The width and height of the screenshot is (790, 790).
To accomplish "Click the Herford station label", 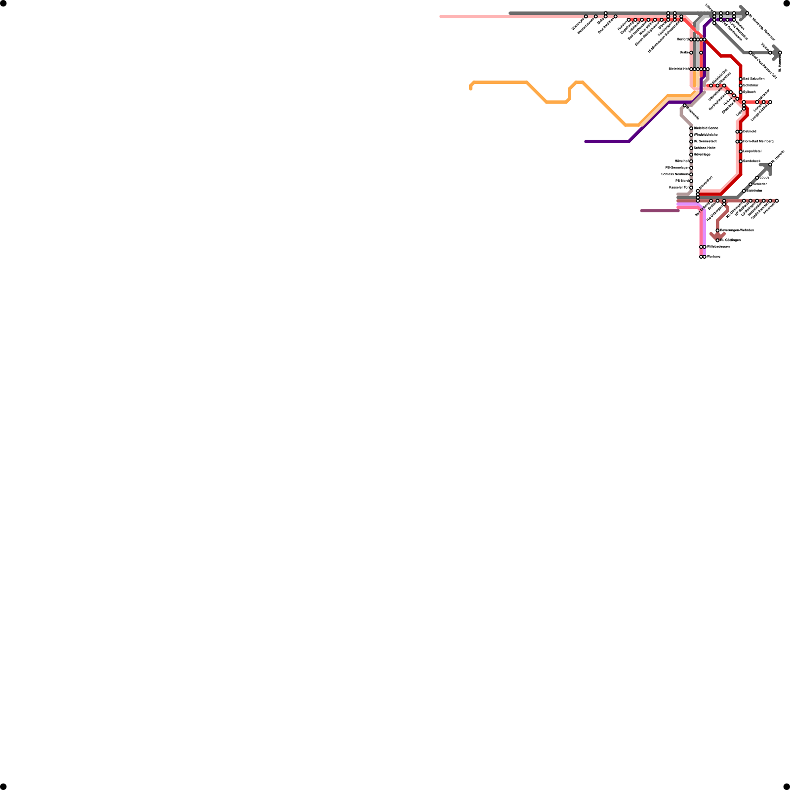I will [x=683, y=39].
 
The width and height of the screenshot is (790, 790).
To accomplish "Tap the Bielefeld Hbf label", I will [x=678, y=69].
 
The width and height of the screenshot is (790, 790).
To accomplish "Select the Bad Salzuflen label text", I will [x=754, y=79].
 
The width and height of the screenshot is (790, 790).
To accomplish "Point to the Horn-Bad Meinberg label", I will [x=758, y=142].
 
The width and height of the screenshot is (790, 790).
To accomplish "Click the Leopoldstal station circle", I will [x=741, y=152].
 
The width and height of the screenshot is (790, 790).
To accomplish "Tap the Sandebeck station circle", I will [x=741, y=161].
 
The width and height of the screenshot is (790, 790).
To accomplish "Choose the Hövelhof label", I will [x=682, y=161].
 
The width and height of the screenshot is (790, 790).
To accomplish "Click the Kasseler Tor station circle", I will [x=691, y=188].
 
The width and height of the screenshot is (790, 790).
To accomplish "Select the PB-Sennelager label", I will [x=677, y=168].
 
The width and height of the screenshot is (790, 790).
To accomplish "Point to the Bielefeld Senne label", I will [x=706, y=128].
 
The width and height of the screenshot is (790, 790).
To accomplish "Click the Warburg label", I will [x=713, y=257].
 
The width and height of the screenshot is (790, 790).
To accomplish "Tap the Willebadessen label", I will [x=718, y=247].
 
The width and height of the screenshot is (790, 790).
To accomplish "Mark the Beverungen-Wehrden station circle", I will [x=717, y=231].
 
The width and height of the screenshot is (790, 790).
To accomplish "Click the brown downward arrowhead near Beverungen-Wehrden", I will [x=717, y=237].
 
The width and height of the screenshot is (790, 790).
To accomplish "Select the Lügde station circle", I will [x=757, y=178].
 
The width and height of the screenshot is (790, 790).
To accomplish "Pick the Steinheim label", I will [x=754, y=191].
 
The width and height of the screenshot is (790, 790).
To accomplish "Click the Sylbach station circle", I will [x=741, y=92].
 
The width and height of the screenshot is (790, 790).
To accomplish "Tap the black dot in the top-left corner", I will [x=3, y=3].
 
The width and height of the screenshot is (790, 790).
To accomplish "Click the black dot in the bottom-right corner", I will [x=787, y=787].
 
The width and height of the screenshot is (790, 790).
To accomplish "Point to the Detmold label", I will [x=750, y=132].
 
